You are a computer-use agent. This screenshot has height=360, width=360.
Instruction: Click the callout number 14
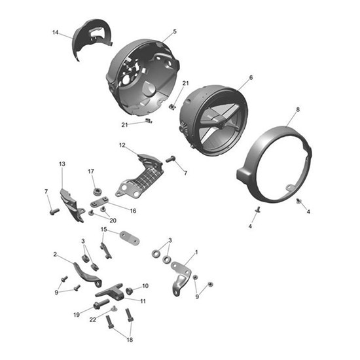[56, 32]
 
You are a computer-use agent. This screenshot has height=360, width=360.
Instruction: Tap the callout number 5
[175, 31]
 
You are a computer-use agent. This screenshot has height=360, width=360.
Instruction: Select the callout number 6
[251, 77]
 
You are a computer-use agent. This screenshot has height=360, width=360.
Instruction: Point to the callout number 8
[298, 109]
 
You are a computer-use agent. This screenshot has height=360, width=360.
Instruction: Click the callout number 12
[122, 145]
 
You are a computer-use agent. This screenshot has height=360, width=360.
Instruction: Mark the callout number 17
[92, 171]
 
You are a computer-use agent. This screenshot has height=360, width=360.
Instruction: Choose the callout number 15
[103, 230]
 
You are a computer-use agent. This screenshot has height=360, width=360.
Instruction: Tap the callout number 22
[93, 319]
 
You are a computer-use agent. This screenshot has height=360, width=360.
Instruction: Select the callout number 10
[145, 286]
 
